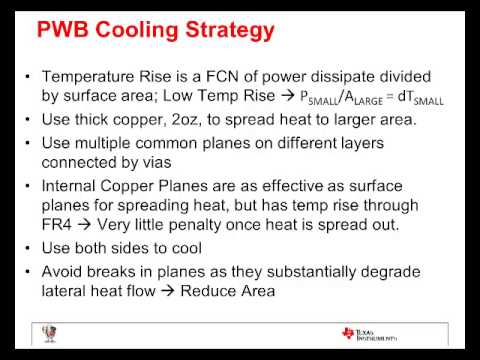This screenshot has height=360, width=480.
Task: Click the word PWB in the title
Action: (69, 30)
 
